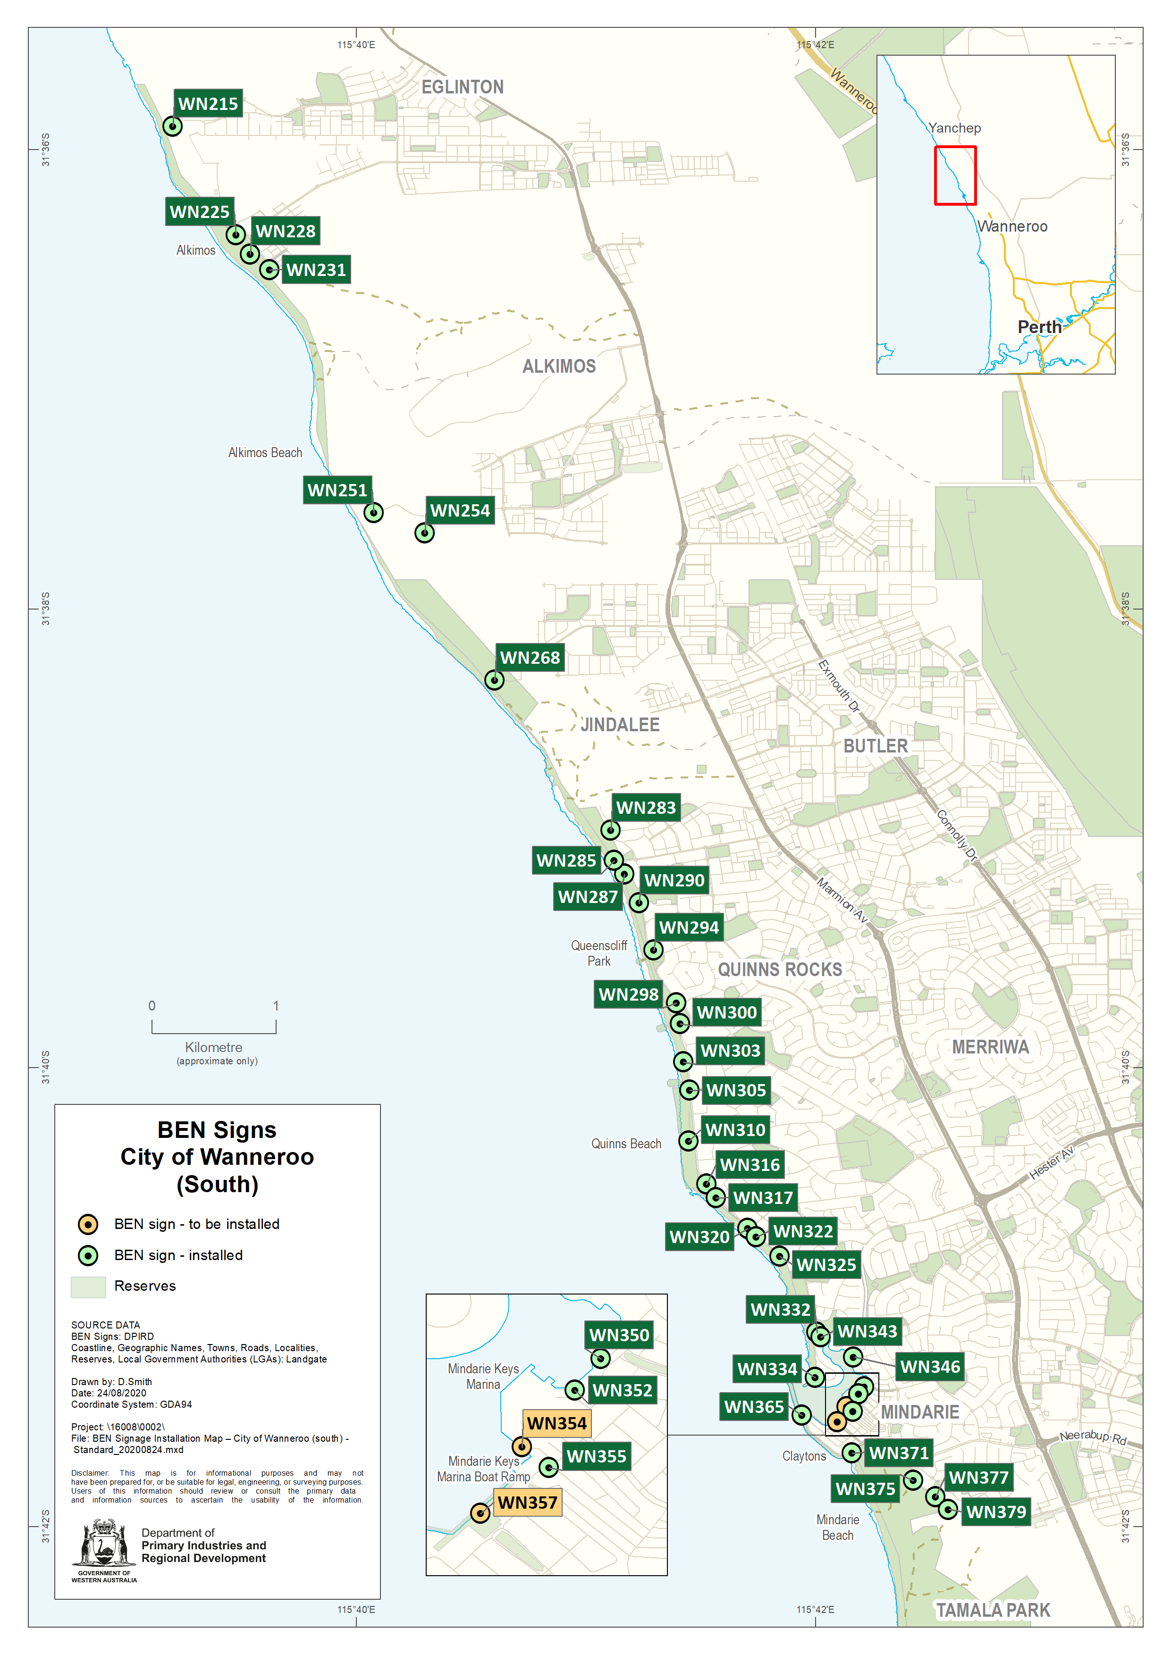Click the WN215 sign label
point(208,104)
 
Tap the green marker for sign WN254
point(424,533)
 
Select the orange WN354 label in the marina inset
point(556,1423)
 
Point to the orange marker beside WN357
point(480,1513)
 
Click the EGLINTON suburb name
point(462,87)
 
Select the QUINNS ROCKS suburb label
point(779,969)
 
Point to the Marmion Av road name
point(842,900)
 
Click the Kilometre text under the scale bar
point(213,1047)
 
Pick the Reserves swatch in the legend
point(88,1286)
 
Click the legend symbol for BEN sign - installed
point(88,1255)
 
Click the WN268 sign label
point(530,657)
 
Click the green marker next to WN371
point(851,1452)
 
